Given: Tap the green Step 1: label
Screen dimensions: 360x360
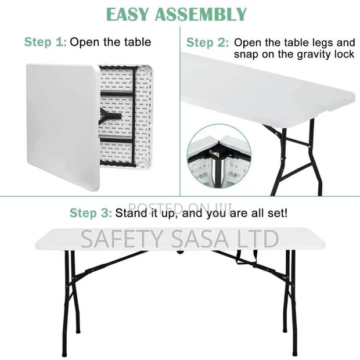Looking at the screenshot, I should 45,42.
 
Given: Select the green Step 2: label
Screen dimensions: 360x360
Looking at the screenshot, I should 207,42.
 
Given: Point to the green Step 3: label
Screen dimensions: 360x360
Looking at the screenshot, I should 91,213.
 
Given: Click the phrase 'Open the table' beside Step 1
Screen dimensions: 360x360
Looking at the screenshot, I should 111,42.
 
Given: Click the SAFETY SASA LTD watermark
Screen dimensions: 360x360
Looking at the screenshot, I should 179,239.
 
